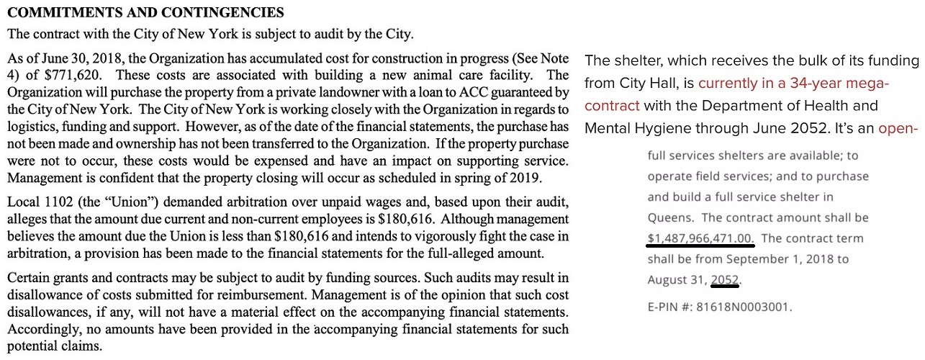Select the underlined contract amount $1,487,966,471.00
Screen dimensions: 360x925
pos(700,238)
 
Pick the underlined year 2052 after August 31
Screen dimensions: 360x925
pos(726,279)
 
